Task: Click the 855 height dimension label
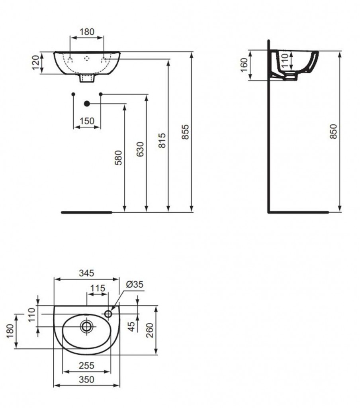click(x=186, y=132)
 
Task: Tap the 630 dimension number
click(x=140, y=149)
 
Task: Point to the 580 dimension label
click(x=118, y=158)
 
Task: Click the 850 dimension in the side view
click(x=334, y=131)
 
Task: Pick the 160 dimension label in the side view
click(x=244, y=65)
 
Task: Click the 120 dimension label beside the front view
click(x=35, y=63)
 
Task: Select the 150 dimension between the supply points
click(x=87, y=121)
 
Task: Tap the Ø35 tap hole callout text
click(x=135, y=284)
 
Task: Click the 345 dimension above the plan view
click(x=86, y=273)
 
